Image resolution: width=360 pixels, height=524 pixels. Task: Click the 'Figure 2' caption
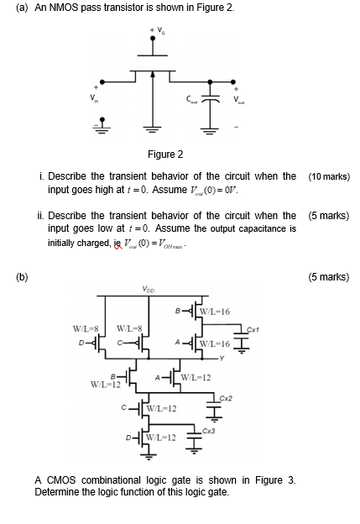(x=165, y=155)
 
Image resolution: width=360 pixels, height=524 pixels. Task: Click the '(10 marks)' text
(x=329, y=177)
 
